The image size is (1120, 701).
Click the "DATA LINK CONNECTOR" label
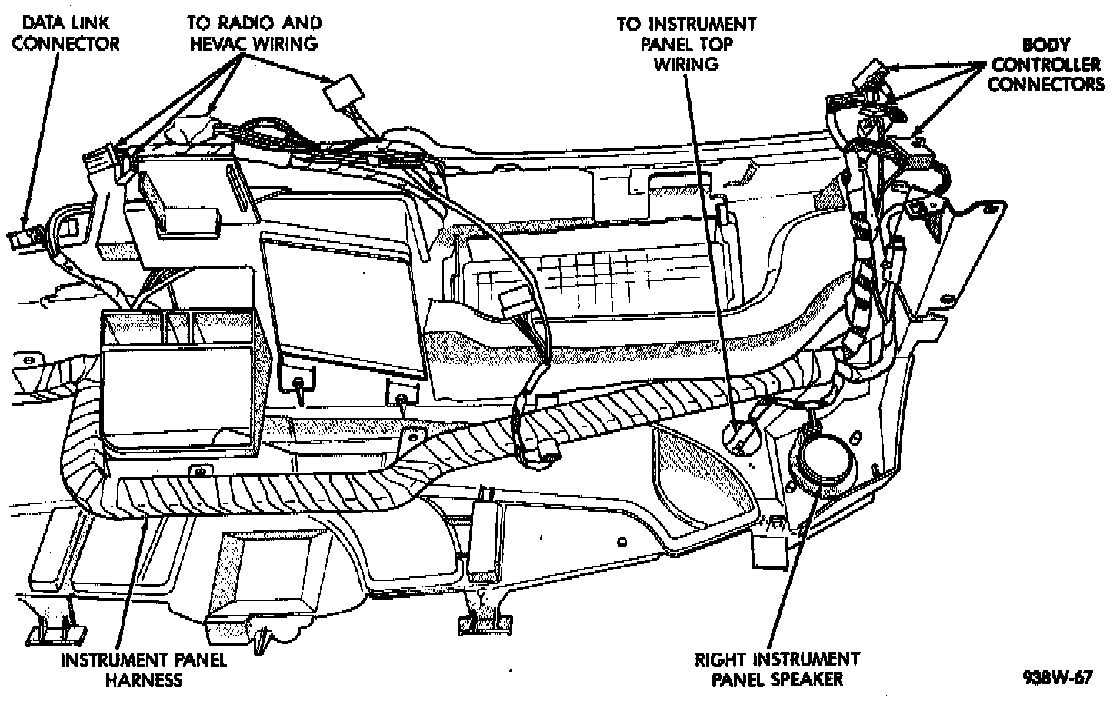click(x=65, y=33)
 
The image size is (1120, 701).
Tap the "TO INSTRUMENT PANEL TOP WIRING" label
click(x=686, y=44)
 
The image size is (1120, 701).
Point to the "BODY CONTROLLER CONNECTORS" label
click(x=1045, y=65)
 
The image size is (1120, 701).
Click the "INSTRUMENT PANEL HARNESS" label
click(x=144, y=669)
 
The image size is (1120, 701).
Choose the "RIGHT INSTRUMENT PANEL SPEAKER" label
click(x=778, y=669)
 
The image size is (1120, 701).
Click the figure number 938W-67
click(x=1057, y=678)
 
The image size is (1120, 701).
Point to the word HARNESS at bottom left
click(x=144, y=679)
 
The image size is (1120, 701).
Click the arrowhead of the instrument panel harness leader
click(x=146, y=523)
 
